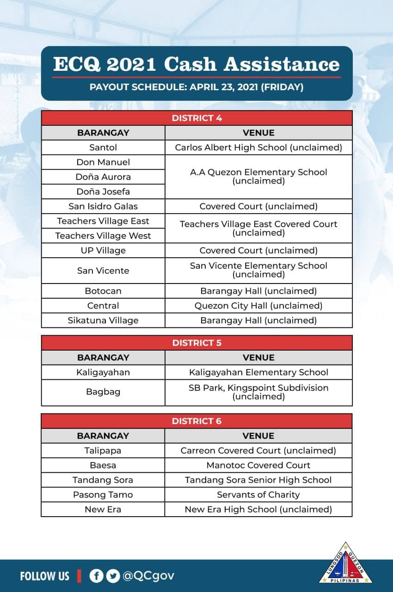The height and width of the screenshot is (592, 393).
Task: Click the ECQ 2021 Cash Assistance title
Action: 196,65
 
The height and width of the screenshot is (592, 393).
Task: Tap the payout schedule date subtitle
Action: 196,87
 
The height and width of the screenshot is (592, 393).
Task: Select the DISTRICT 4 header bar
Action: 196,118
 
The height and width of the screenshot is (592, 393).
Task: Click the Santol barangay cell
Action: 103,148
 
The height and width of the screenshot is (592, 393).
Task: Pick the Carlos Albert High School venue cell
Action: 258,148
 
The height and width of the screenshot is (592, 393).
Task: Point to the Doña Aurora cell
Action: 103,177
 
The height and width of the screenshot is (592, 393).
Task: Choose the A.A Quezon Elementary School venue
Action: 258,176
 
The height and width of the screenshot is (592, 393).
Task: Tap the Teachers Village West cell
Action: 103,236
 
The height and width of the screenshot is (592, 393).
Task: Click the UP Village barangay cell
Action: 103,250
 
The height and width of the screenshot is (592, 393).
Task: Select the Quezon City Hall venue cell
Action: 258,306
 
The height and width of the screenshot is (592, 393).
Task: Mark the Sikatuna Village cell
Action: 103,320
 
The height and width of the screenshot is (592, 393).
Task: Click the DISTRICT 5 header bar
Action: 196,343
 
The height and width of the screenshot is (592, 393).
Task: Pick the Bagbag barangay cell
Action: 103,392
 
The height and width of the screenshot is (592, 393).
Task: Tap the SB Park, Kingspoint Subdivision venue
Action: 258,392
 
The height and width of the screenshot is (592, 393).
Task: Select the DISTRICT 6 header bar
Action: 196,421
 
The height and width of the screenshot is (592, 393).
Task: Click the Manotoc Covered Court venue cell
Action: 258,465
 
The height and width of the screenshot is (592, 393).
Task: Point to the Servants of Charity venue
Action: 258,495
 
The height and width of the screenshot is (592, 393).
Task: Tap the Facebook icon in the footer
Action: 96,576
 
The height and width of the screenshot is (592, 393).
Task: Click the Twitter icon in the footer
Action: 112,576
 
